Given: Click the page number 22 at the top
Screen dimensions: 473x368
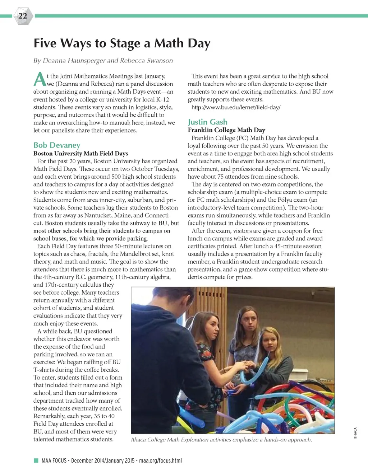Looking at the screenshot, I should [23, 16].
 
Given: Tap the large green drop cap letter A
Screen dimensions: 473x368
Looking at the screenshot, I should [40, 80].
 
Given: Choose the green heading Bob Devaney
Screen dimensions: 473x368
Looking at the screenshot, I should [57, 145].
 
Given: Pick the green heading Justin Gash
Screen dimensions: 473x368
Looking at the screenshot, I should [207, 122].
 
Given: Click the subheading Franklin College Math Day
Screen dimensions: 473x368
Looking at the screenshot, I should [226, 130].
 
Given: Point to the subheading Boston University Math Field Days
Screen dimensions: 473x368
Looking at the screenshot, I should [80, 153].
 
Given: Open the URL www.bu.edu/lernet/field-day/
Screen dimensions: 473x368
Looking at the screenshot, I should [236, 107].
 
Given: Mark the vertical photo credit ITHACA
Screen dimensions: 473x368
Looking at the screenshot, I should [355, 433].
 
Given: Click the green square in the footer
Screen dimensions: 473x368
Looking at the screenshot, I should [36, 460].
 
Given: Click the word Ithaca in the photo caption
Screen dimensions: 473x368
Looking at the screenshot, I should [139, 440].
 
